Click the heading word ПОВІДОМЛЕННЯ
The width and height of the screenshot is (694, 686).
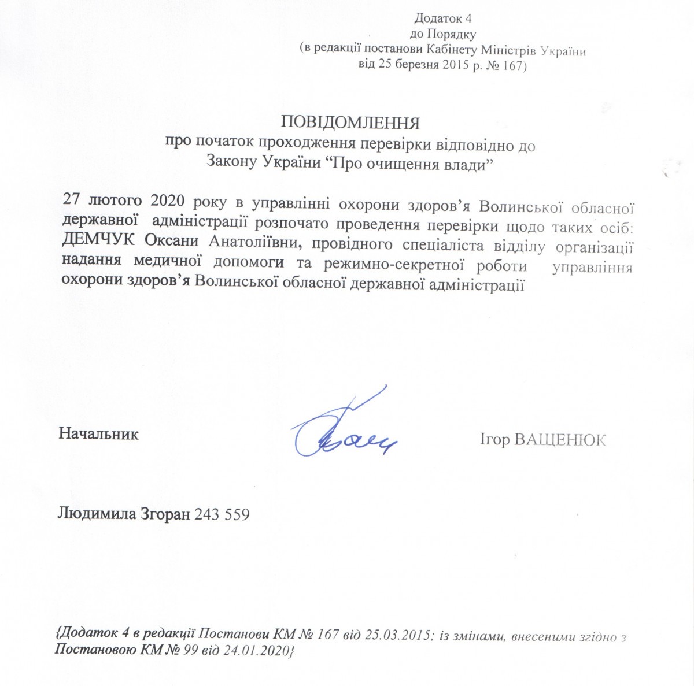click(349, 123)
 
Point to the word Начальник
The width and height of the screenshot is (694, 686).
click(99, 434)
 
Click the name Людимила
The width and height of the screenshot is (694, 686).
click(95, 514)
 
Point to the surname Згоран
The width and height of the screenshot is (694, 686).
click(165, 514)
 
